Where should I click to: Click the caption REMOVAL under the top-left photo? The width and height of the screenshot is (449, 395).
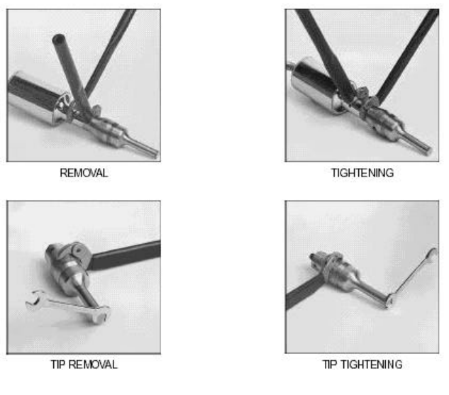click(x=84, y=173)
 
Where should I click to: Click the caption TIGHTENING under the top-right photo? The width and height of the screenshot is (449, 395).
click(x=362, y=173)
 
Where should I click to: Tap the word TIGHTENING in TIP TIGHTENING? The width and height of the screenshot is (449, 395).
click(x=372, y=365)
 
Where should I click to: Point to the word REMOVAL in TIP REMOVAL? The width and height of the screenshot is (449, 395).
click(x=93, y=365)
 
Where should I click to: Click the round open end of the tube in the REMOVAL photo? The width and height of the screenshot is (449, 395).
click(x=59, y=39)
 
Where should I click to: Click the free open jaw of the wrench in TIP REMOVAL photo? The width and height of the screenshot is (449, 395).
click(x=34, y=299)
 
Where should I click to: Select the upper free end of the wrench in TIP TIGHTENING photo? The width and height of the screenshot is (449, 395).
click(x=432, y=253)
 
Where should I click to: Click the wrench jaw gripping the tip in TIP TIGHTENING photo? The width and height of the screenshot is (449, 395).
click(x=389, y=300)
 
